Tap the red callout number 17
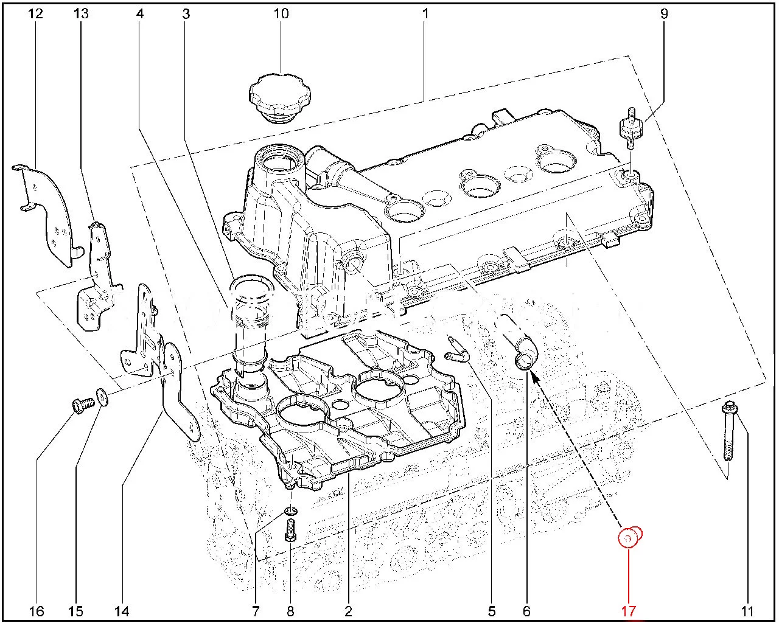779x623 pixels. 629,610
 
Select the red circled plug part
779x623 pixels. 631,537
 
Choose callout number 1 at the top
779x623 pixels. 425,13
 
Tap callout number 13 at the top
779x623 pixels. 81,13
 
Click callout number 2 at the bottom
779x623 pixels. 349,610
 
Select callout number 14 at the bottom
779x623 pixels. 123,610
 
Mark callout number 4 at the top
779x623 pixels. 140,13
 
